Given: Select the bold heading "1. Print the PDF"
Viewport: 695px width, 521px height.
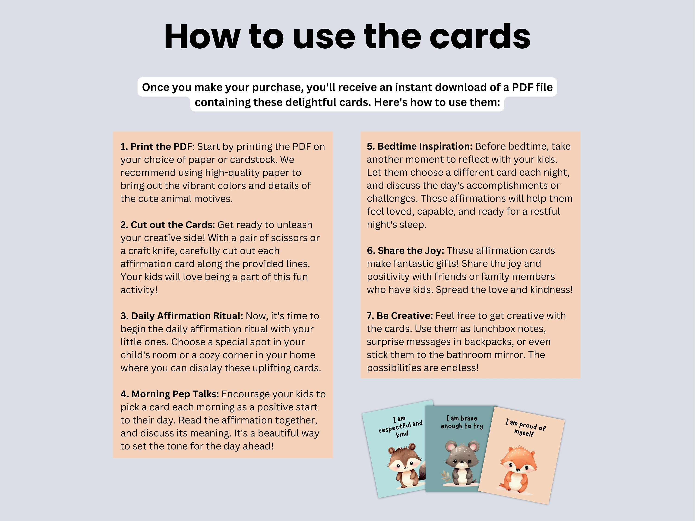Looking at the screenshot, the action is pos(156,147).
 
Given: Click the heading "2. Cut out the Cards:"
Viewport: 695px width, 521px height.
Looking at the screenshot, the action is pos(167,225).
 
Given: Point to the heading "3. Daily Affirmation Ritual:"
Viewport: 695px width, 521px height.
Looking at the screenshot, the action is pos(182,316).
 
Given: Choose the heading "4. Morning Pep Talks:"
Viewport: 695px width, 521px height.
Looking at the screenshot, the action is pos(170,394).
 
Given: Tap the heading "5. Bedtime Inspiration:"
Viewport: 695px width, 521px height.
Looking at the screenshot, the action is pos(420,146).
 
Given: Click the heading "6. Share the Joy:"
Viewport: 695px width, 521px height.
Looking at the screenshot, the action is pos(405,251).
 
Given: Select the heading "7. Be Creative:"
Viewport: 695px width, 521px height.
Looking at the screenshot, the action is pos(400,316).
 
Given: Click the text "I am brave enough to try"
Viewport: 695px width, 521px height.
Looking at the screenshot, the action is pos(461,422).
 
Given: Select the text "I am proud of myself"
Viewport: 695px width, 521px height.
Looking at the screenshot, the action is pos(525,427).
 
